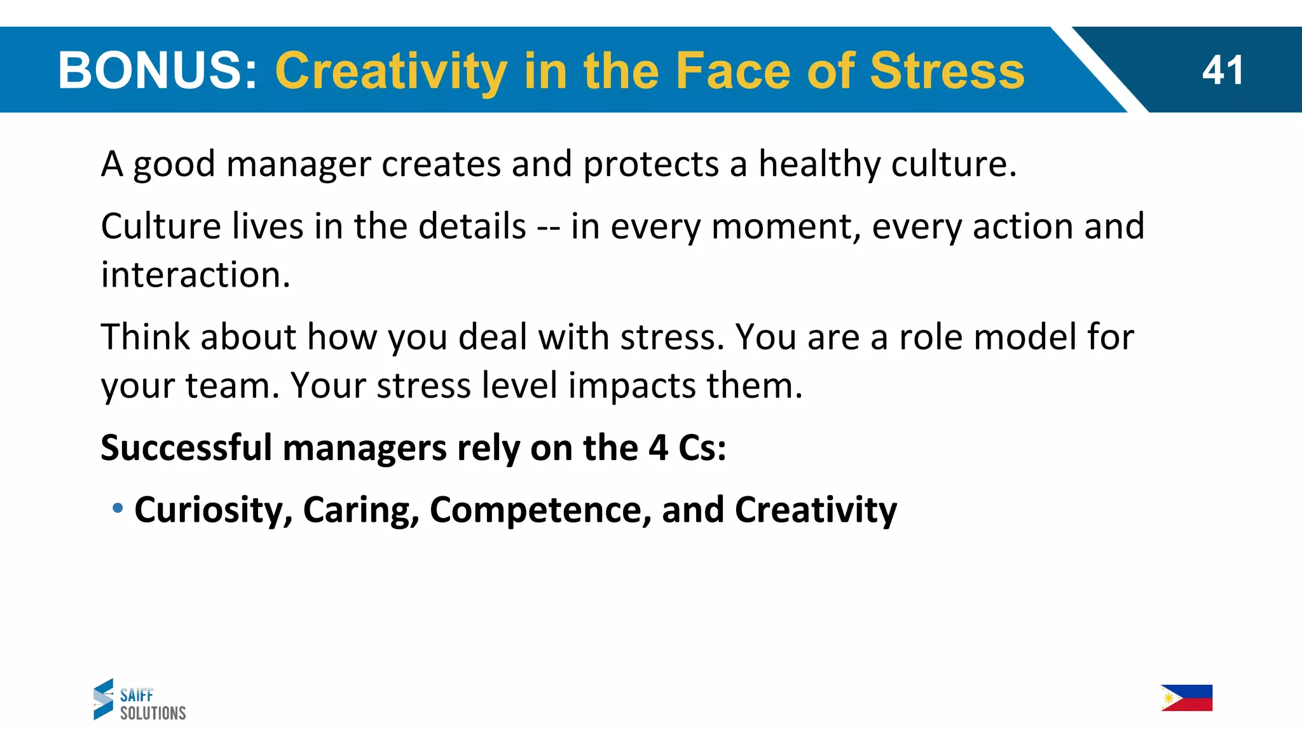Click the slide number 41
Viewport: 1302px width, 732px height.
[x=1222, y=70]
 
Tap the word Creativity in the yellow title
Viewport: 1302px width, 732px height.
[x=391, y=71]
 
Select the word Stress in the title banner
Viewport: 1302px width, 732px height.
[x=947, y=70]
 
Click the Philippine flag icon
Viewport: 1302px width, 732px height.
[x=1186, y=698]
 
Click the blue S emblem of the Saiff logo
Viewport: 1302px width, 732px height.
[x=103, y=699]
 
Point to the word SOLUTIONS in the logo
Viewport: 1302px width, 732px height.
[x=153, y=713]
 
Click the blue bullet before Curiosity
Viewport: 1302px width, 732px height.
[x=118, y=508]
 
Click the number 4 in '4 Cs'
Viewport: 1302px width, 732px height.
[x=658, y=447]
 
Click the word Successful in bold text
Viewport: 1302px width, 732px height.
[x=186, y=447]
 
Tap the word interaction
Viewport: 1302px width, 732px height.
[x=195, y=275]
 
